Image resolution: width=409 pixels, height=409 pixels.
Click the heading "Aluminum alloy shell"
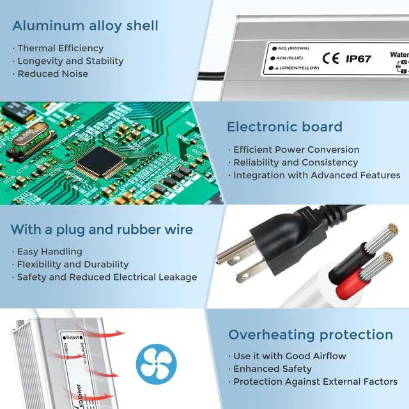click(x=85, y=26)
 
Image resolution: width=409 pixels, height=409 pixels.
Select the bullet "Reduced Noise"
click(x=52, y=74)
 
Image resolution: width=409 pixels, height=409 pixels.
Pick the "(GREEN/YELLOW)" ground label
click(x=299, y=68)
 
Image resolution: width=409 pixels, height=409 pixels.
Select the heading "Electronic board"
click(x=284, y=127)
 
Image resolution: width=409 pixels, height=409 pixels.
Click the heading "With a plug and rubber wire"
click(x=102, y=229)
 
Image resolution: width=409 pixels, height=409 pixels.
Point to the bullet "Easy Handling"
click(x=49, y=252)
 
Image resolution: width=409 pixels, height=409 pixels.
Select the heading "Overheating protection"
click(x=311, y=335)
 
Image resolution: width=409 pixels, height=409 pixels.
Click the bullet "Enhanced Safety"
click(x=272, y=369)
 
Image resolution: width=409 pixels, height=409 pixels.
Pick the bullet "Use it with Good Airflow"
click(x=289, y=356)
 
